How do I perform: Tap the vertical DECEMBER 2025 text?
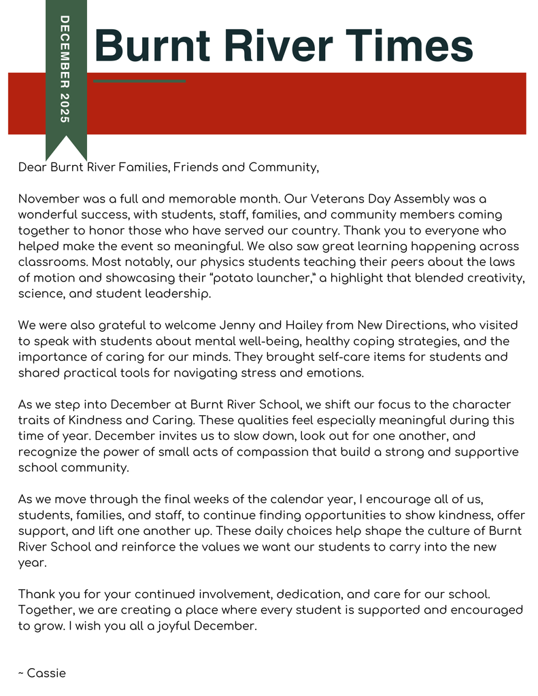[65, 68]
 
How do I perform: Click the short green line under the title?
[139, 82]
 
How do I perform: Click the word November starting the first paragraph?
[49, 199]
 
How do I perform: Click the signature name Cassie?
[46, 673]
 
